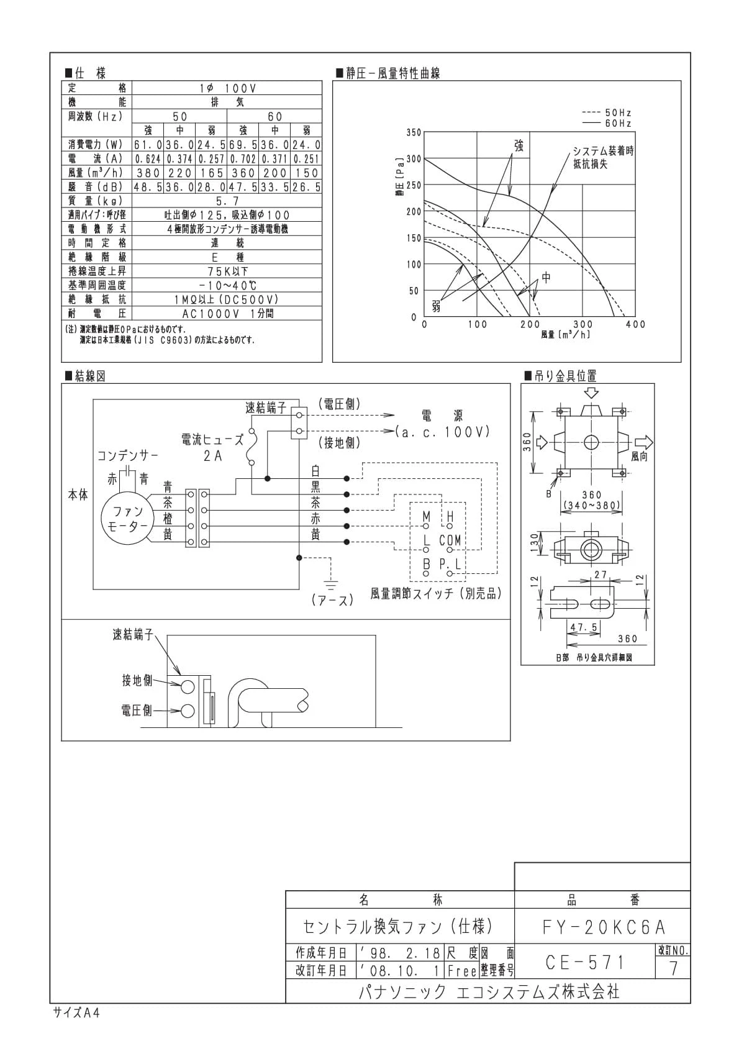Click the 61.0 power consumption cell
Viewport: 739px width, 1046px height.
148,145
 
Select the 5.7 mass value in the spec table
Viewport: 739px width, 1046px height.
227,201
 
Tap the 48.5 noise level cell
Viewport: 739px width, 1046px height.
148,187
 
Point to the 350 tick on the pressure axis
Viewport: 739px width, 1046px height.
414,132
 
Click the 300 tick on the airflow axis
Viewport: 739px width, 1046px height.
583,324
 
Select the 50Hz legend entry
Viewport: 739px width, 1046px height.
607,112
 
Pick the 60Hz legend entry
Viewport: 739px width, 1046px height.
607,123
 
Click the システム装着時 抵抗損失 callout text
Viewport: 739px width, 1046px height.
603,157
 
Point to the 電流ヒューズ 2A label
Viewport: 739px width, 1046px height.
212,447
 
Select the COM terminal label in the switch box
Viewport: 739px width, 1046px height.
450,540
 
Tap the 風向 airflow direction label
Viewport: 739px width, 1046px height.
639,456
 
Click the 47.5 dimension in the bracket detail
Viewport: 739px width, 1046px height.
584,627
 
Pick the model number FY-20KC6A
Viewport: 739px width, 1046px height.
603,927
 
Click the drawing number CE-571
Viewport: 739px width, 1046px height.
584,962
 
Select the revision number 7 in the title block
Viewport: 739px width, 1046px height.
673,968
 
